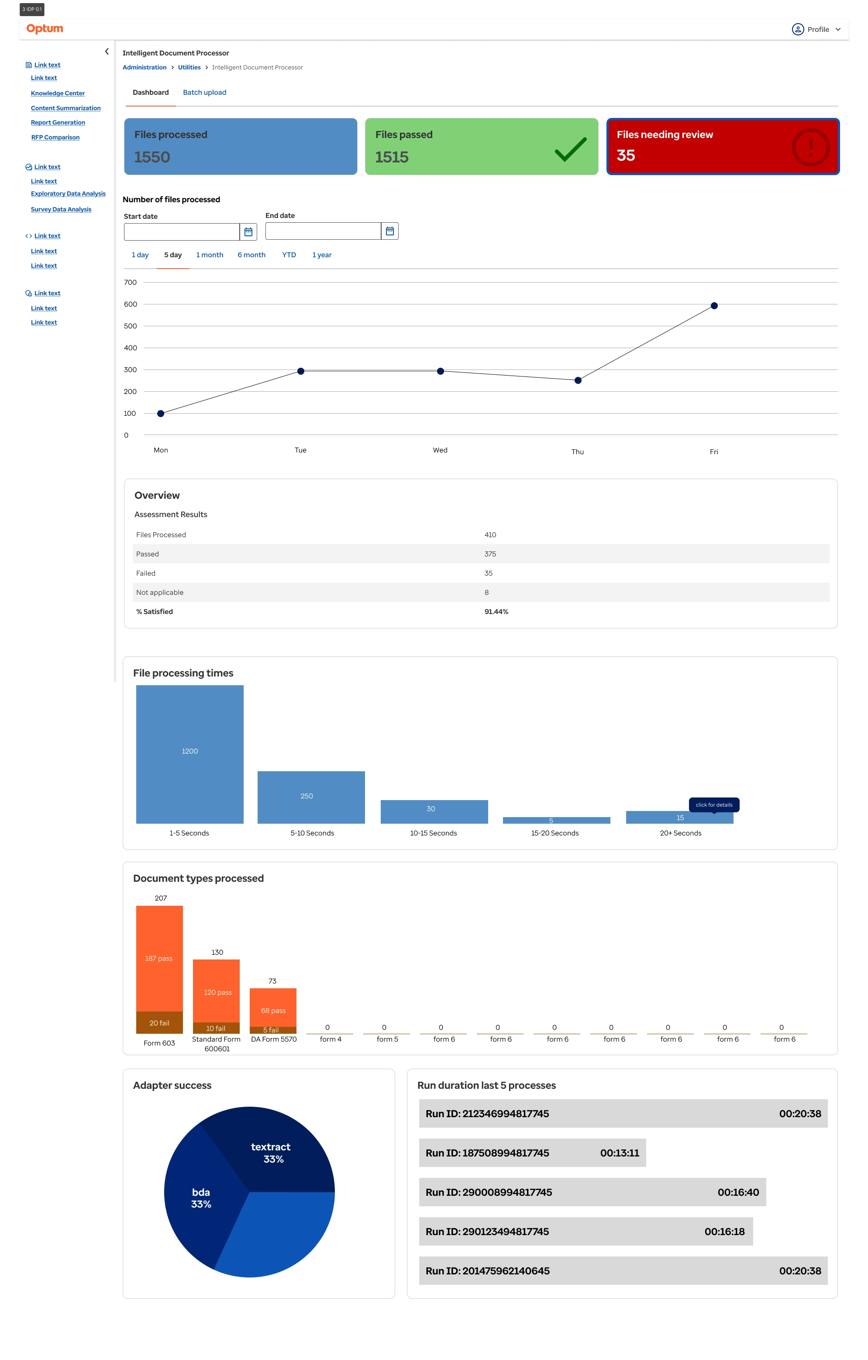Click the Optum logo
pyautogui.click(x=45, y=28)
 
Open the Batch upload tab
pyautogui.click(x=204, y=93)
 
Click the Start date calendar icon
pyautogui.click(x=248, y=231)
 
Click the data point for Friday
pyautogui.click(x=714, y=306)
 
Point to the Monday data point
pyautogui.click(x=161, y=414)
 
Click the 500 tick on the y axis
pyautogui.click(x=131, y=326)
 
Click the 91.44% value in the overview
pyautogui.click(x=496, y=612)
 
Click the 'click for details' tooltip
pyautogui.click(x=714, y=805)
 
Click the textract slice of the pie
pyautogui.click(x=271, y=1152)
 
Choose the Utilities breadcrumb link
pyautogui.click(x=189, y=67)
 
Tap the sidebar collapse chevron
pyautogui.click(x=107, y=52)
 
